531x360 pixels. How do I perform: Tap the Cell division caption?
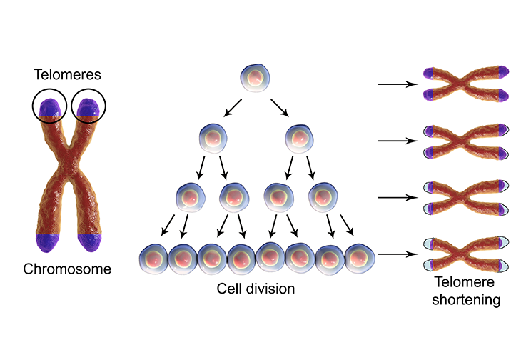tap(256, 289)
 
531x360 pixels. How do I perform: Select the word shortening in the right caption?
tap(470, 300)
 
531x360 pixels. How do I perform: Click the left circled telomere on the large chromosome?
tap(49, 107)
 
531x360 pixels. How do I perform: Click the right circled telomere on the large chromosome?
tap(88, 107)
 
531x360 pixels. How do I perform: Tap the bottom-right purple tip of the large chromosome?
tap(91, 243)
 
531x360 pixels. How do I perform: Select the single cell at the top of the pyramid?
tap(255, 76)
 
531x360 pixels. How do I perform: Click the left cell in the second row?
tap(213, 136)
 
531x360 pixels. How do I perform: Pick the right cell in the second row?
tap(299, 136)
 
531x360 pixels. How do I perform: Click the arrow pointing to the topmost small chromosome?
tap(398, 84)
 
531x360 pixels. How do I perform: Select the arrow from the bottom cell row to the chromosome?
tap(398, 253)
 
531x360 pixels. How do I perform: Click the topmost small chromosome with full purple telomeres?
tap(465, 84)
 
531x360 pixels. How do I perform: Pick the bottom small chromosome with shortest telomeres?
tap(465, 253)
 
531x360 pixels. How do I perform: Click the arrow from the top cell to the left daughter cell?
tap(233, 107)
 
